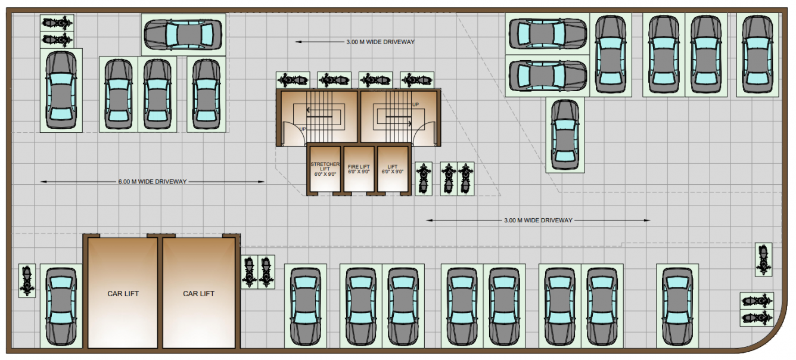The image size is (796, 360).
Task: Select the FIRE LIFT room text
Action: (359, 169)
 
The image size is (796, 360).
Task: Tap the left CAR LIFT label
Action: (123, 293)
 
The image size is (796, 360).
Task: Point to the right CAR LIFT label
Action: (198, 293)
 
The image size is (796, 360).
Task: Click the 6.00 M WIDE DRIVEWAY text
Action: (153, 182)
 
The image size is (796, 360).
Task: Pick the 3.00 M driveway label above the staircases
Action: (380, 42)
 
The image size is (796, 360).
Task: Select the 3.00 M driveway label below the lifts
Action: (538, 220)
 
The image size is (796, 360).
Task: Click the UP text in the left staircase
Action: (303, 129)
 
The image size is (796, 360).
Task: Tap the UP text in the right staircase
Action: (415, 104)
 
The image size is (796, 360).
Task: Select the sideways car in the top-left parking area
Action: (184, 34)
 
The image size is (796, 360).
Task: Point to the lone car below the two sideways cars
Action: (565, 135)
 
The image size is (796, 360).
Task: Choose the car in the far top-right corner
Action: (758, 54)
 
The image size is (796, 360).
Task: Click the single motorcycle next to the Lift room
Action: (424, 178)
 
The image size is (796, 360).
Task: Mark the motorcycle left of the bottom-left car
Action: (27, 281)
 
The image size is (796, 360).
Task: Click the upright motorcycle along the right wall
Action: (763, 259)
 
